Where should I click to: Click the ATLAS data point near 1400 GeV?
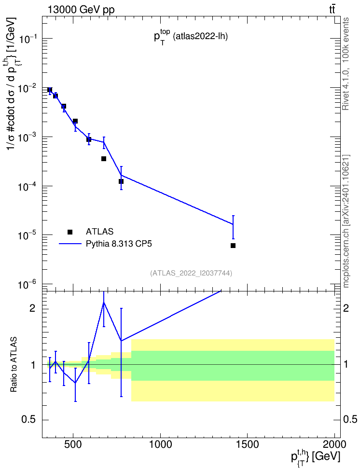(233, 246)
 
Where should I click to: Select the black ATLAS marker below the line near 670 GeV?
(104, 159)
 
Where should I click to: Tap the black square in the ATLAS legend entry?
(70, 232)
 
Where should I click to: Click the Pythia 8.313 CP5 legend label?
(119, 244)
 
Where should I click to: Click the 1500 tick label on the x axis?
(248, 444)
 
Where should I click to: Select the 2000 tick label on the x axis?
(334, 444)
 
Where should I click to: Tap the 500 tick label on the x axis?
(73, 444)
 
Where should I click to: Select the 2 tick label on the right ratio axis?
(346, 308)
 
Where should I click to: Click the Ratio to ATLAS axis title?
(14, 365)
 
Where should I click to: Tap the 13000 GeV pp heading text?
(81, 10)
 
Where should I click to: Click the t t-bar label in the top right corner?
(332, 10)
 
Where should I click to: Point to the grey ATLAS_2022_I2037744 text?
(191, 273)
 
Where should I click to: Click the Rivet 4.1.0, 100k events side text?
(346, 64)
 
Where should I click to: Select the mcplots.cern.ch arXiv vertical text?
(346, 221)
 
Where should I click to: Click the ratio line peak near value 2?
(104, 303)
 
